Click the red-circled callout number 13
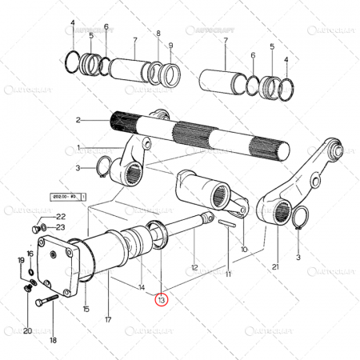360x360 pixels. tap(162, 300)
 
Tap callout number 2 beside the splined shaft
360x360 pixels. tap(78, 120)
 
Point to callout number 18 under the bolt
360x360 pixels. tap(53, 340)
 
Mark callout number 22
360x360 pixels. tap(60, 217)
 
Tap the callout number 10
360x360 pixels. tap(244, 248)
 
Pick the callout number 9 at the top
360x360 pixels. tap(170, 45)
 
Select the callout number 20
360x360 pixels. tap(27, 331)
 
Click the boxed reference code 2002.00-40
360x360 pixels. tap(64, 195)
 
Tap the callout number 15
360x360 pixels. tap(86, 309)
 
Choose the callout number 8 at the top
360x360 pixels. tap(158, 34)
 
